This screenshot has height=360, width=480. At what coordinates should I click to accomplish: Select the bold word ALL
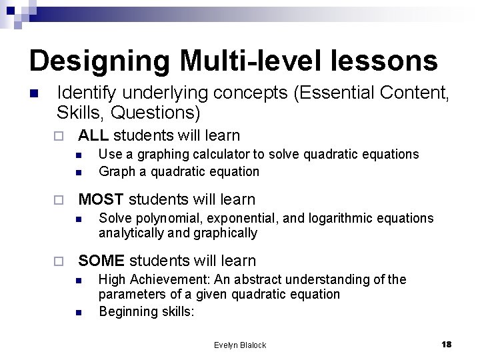point(94,136)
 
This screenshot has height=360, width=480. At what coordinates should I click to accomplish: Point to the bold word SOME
point(101,261)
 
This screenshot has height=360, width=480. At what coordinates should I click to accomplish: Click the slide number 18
point(447,344)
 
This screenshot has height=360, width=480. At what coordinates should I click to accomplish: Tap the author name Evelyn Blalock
point(240,345)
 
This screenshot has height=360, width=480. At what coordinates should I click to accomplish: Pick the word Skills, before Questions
point(77,111)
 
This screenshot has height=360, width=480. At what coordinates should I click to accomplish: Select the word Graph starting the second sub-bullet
point(114,171)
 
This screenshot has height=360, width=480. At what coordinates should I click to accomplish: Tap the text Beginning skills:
point(146,311)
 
